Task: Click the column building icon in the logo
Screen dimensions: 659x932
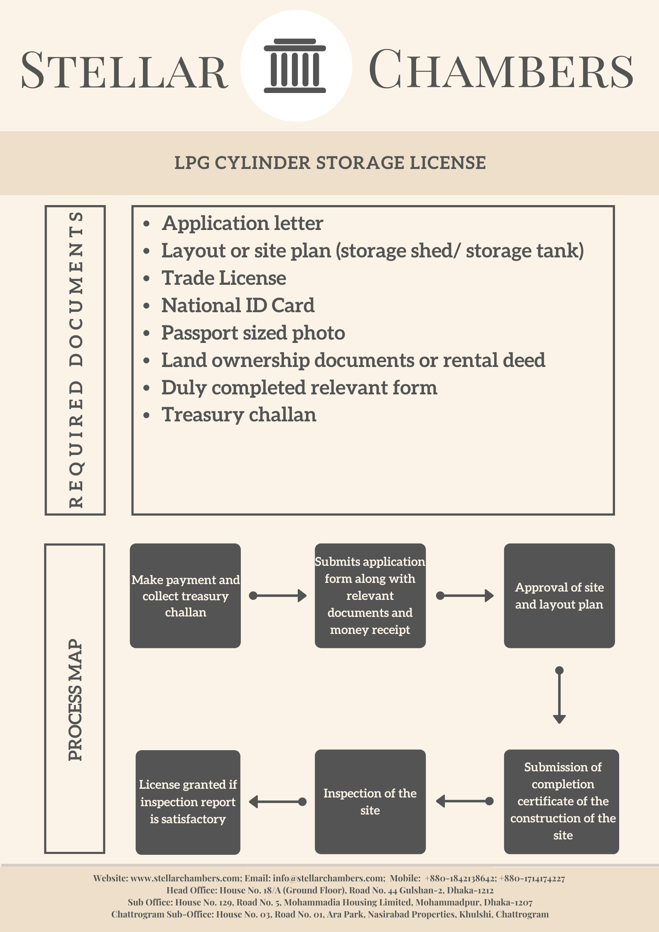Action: tap(295, 66)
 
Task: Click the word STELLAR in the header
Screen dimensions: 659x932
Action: tap(124, 70)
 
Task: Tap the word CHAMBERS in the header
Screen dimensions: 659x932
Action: tap(501, 69)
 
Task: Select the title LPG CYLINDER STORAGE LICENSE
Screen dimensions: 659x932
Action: tap(330, 163)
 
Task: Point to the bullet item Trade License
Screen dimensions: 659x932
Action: tap(223, 278)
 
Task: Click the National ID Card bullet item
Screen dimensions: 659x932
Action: tap(238, 306)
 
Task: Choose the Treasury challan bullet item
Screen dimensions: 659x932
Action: tap(239, 415)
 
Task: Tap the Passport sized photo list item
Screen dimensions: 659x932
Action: tap(253, 333)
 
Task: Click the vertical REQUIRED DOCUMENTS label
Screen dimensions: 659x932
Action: tap(76, 360)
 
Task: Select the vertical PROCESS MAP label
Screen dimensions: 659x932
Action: tap(75, 700)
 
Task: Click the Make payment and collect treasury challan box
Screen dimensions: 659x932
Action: tap(185, 596)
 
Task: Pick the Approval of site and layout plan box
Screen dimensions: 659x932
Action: tap(559, 596)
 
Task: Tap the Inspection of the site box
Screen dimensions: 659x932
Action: tap(370, 802)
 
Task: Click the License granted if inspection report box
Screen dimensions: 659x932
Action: tap(188, 802)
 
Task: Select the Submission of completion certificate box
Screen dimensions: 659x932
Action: tap(561, 802)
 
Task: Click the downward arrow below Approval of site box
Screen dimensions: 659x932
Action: tap(559, 695)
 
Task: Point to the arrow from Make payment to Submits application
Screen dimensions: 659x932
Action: tap(278, 596)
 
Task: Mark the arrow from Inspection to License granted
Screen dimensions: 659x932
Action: tap(278, 802)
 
